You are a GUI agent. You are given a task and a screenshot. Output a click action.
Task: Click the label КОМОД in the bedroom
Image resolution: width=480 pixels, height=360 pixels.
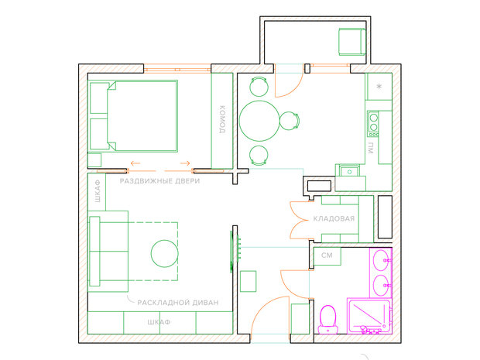coord(222,119)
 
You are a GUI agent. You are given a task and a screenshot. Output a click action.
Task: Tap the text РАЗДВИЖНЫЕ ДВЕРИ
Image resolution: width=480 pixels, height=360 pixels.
coord(159,181)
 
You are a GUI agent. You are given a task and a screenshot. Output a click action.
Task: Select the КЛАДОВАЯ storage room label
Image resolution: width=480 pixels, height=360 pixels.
coord(334,218)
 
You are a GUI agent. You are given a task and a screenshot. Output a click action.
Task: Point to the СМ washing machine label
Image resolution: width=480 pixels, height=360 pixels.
coord(327,255)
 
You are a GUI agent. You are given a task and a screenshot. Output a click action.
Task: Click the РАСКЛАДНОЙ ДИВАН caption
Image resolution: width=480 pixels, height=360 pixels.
coord(178,303)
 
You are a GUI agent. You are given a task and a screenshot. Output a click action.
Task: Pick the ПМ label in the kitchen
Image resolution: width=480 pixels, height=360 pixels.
coord(371,148)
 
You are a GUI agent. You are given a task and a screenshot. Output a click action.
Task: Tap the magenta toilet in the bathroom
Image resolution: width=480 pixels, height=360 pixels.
coord(327,319)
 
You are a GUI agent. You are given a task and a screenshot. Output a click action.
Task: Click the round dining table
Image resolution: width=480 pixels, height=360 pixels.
coord(259,121)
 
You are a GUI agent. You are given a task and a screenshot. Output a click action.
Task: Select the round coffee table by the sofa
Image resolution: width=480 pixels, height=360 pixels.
coord(165,253)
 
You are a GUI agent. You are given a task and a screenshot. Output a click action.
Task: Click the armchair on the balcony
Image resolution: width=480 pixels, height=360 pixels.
coord(352,42)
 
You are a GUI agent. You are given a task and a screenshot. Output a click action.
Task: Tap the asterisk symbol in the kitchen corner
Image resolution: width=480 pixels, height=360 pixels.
coord(379,87)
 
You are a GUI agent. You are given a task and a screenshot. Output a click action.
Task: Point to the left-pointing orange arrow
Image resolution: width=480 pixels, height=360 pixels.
coord(135,163)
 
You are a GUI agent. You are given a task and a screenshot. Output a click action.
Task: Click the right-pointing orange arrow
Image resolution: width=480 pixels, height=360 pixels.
coord(185,163)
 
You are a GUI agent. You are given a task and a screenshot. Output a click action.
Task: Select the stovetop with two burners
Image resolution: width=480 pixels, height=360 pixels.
coord(373,124)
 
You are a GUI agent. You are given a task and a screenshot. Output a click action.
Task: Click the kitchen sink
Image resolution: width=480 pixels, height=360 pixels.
coord(349,171)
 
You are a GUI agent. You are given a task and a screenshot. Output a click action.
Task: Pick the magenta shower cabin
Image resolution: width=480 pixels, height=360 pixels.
coord(369,316)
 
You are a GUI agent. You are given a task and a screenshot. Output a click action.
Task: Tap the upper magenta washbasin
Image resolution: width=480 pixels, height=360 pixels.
coord(380,260)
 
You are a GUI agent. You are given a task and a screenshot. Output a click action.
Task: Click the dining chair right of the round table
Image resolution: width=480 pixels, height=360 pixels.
coord(290,121)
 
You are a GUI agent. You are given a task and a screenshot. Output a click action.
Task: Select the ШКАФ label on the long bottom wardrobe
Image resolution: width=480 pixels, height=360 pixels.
coord(159,322)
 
